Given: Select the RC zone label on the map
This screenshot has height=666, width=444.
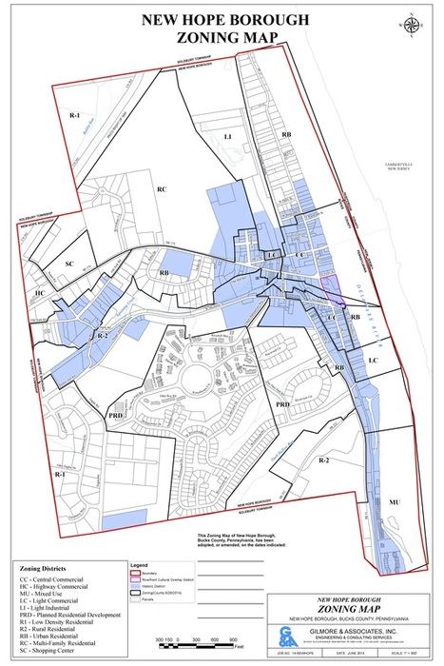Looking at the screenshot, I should (x=162, y=189).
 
